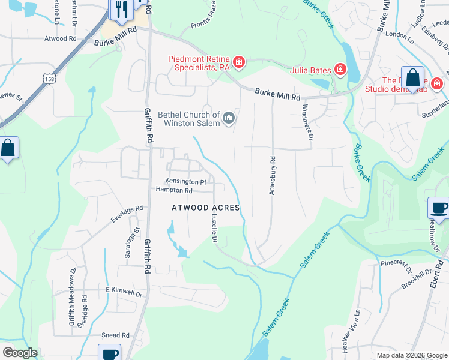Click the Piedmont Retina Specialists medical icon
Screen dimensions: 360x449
coord(239,62)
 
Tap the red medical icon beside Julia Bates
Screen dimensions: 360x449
coord(340,70)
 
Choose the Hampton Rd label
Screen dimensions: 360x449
coord(174,191)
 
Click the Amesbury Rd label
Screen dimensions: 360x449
coord(272,176)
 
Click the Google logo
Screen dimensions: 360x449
coord(20,352)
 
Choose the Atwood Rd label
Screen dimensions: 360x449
coord(61,38)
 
